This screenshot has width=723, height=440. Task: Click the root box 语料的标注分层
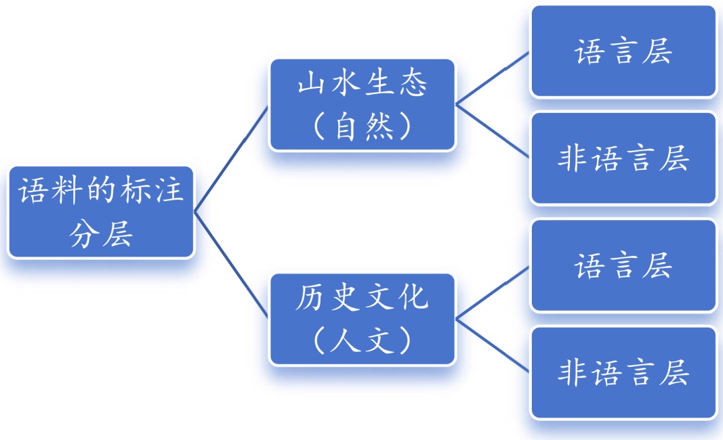pyautogui.click(x=101, y=212)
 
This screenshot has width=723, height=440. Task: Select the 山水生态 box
pyautogui.click(x=363, y=105)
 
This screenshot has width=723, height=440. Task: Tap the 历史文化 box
pyautogui.click(x=363, y=319)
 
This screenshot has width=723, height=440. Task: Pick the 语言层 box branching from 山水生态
pyautogui.click(x=623, y=51)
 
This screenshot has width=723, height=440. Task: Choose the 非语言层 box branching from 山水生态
pyautogui.click(x=623, y=158)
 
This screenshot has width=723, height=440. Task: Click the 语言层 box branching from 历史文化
pyautogui.click(x=623, y=265)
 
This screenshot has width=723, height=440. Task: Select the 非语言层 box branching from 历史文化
pyautogui.click(x=623, y=372)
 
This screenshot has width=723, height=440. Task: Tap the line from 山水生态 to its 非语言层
pyautogui.click(x=493, y=131)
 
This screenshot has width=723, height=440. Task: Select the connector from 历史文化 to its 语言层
pyautogui.click(x=493, y=292)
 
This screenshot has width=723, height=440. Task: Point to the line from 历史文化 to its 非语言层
pyautogui.click(x=493, y=345)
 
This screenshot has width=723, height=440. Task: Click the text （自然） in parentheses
pyautogui.click(x=363, y=127)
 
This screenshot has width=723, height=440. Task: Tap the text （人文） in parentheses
pyautogui.click(x=363, y=340)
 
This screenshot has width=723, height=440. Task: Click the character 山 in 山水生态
pyautogui.click(x=308, y=84)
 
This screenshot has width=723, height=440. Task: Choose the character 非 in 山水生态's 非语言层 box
pyautogui.click(x=573, y=159)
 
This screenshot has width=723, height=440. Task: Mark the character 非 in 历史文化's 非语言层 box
pyautogui.click(x=573, y=373)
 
